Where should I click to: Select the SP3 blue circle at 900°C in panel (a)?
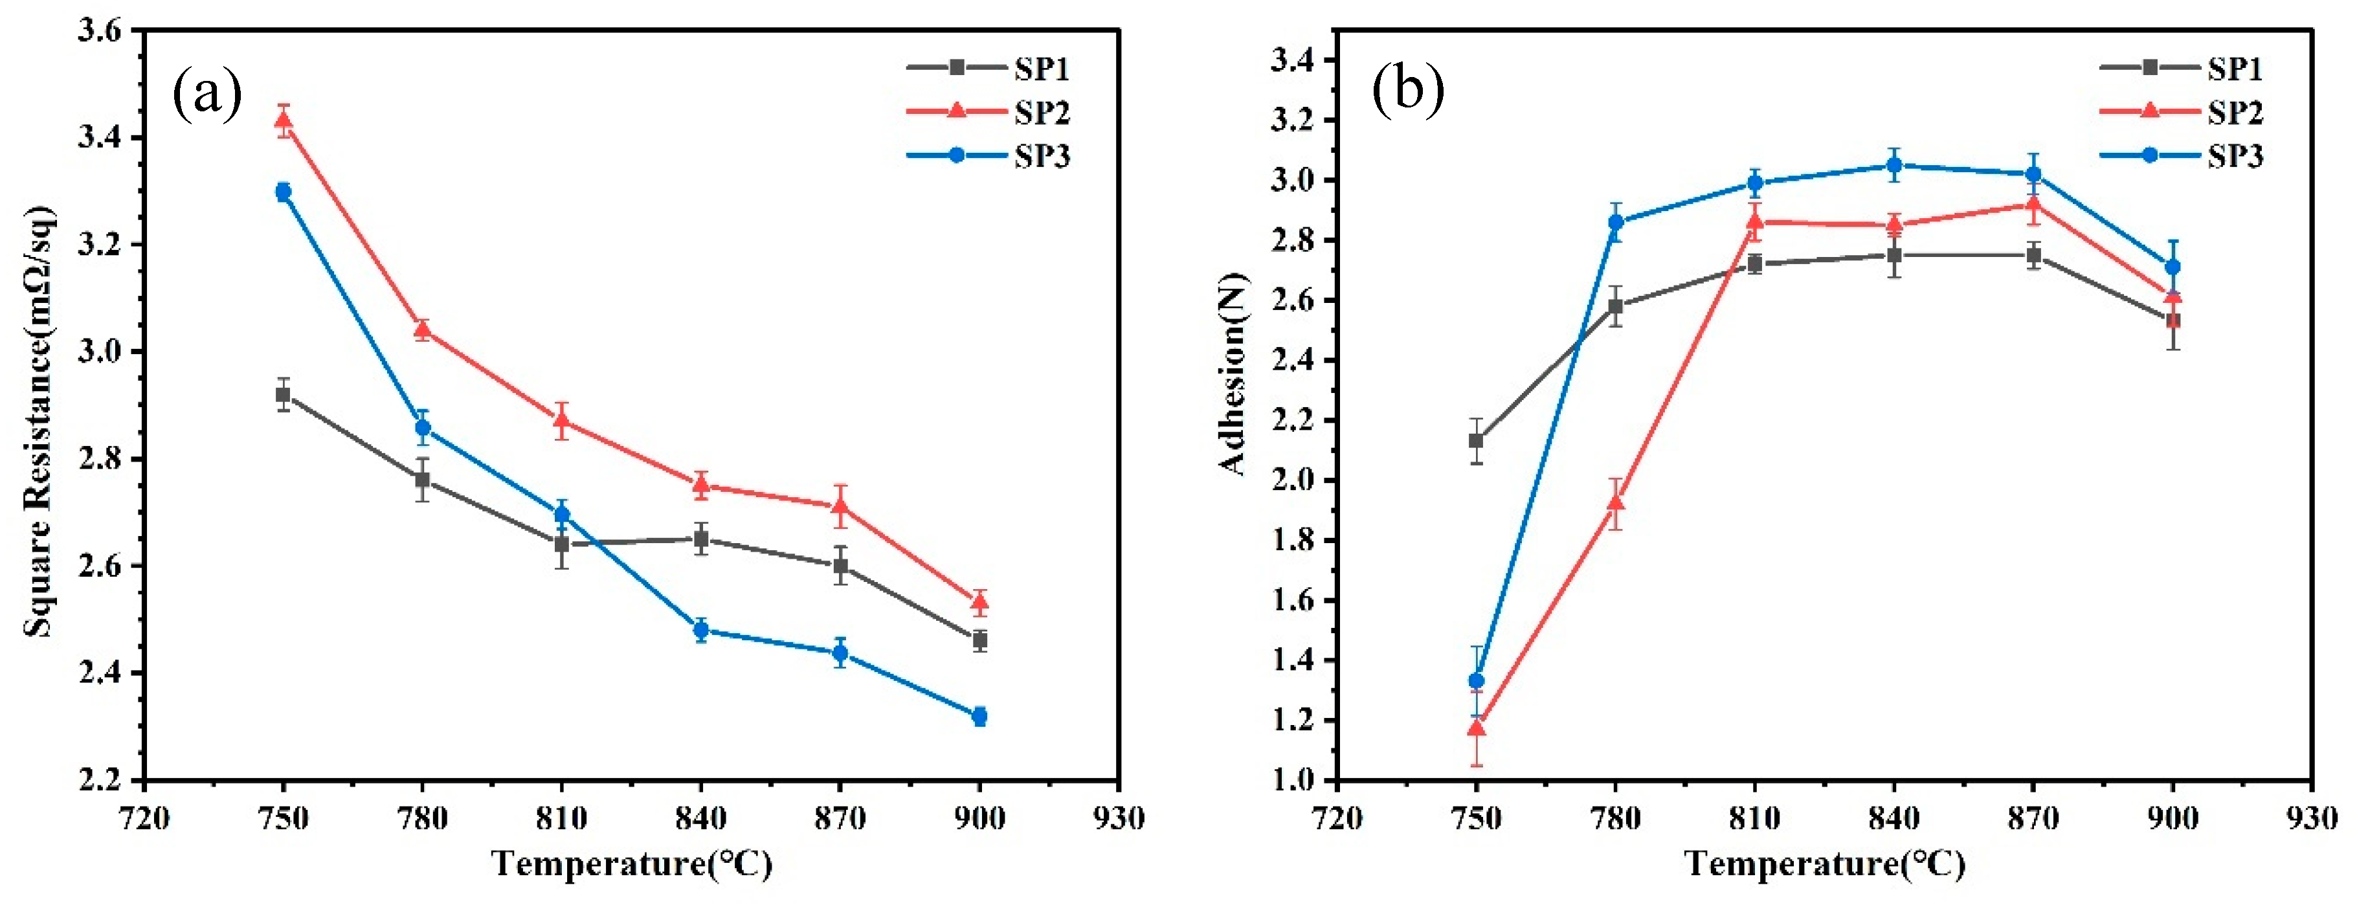(979, 717)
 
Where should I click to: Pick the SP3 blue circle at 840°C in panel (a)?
(701, 630)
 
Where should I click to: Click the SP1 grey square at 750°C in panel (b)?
(1476, 441)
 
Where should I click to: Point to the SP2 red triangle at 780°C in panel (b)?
(1616, 503)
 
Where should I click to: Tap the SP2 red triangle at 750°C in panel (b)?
(1476, 728)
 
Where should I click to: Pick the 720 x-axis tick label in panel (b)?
(1337, 817)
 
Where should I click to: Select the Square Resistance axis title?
(38, 421)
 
